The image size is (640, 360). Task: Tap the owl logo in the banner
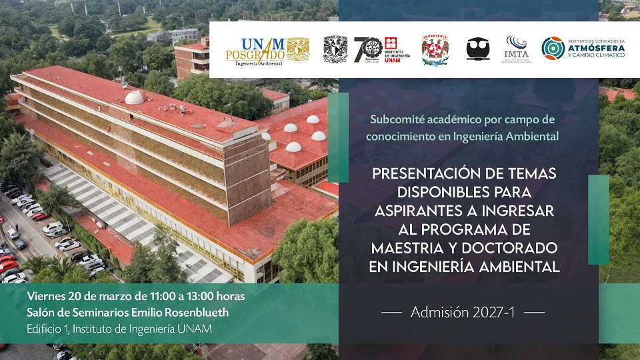coord(477,49)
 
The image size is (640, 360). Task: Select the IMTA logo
coord(516,49)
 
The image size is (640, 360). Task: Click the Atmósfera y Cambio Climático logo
coord(583,49)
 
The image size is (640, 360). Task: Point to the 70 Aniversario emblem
coord(368,49)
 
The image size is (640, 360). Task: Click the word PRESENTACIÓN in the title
coord(427,175)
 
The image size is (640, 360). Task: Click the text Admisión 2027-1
coord(463,312)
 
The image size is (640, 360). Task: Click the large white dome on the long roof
coord(134,97)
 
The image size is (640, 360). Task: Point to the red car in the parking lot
coord(40,217)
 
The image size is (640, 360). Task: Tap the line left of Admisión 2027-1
coord(391,313)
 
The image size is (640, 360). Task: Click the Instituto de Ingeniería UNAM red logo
coord(397,49)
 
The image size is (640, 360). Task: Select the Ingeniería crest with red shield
coord(435,50)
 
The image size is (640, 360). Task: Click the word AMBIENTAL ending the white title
coord(519,267)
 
